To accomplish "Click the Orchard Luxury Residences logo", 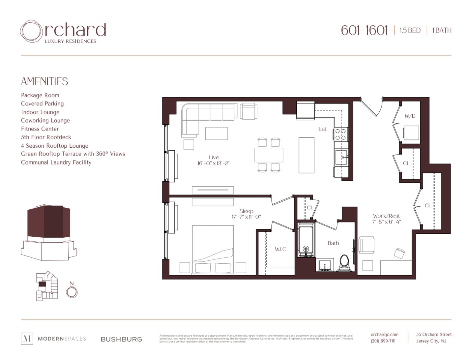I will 63,32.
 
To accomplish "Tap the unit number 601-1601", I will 364,30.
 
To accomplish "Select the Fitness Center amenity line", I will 40,129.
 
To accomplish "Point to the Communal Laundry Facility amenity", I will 56,163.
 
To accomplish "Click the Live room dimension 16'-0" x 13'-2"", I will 214,163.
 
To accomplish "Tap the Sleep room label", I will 246,211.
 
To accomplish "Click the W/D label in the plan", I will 410,116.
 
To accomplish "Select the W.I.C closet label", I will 280,249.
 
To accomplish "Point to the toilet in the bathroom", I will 344,263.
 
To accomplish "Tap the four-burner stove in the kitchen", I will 340,134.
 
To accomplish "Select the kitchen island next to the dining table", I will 306,155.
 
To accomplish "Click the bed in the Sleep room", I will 213,249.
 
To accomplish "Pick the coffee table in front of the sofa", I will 216,134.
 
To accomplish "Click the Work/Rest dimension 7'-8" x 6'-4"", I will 386,222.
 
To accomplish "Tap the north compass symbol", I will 72,291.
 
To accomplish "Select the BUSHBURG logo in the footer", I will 121,339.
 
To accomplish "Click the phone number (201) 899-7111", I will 383,341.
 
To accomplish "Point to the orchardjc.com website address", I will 384,334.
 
